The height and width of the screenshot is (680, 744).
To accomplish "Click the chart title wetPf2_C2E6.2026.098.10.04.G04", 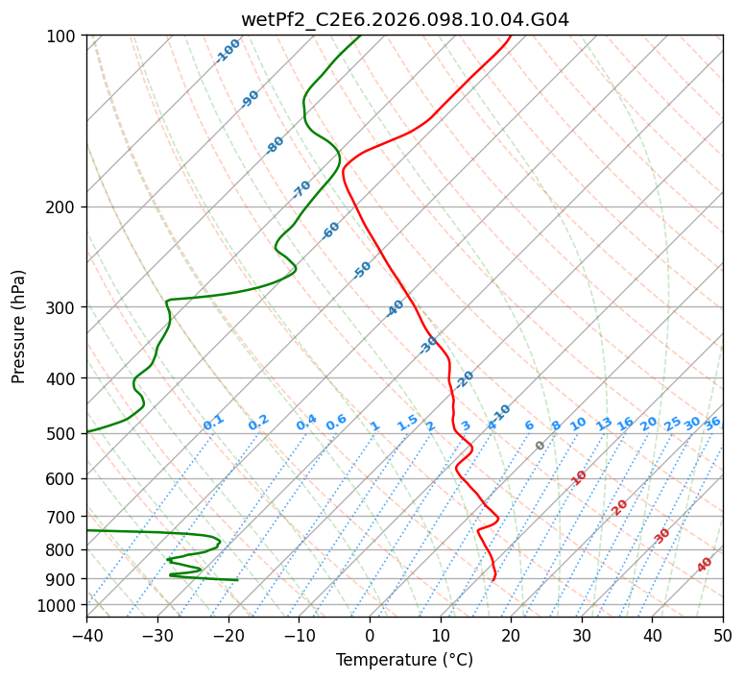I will pyautogui.click(x=404, y=20).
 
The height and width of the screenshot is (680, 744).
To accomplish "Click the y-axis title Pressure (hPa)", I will pyautogui.click(x=19, y=327).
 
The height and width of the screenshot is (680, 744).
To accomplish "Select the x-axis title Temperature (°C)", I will pyautogui.click(x=404, y=661).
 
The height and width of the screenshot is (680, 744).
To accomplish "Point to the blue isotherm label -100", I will pyautogui.click(x=228, y=51).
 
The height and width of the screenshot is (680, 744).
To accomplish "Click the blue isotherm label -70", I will pyautogui.click(x=302, y=188).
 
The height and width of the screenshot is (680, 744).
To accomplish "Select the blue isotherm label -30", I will pyautogui.click(x=429, y=345).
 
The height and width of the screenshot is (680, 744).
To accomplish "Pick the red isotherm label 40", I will pyautogui.click(x=705, y=565).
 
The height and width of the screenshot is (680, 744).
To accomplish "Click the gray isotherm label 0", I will pyautogui.click(x=540, y=446).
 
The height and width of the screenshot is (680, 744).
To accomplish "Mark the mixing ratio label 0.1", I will pyautogui.click(x=213, y=423).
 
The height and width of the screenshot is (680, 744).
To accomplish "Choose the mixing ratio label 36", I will pyautogui.click(x=712, y=423).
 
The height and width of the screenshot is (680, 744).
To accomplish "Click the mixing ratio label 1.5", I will pyautogui.click(x=408, y=423).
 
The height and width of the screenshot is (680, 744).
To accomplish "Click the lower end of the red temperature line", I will pyautogui.click(x=492, y=580).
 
